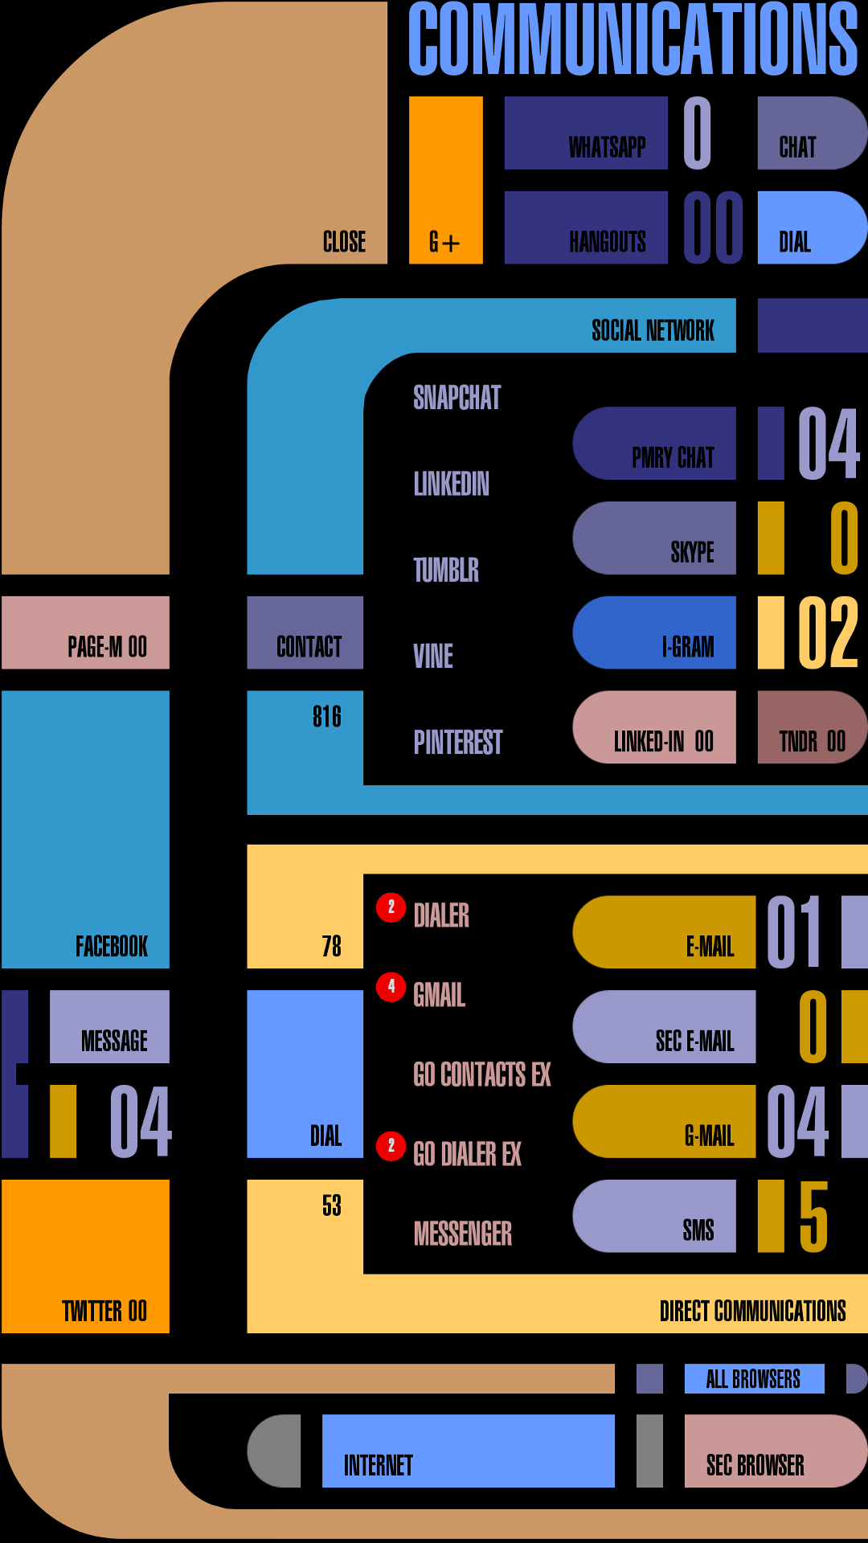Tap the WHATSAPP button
click(586, 133)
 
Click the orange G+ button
click(445, 180)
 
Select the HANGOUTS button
click(586, 227)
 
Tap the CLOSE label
click(344, 241)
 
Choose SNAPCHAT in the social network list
click(457, 398)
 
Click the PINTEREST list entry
click(457, 742)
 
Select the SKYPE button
click(654, 538)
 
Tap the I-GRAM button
click(654, 632)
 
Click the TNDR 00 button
click(811, 727)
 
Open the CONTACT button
click(305, 633)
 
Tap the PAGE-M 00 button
click(86, 633)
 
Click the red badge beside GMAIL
click(391, 986)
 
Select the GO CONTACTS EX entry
click(481, 1074)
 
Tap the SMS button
click(654, 1216)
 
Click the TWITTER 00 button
click(86, 1256)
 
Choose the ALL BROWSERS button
click(754, 1379)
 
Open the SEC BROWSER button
click(774, 1451)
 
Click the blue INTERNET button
click(468, 1451)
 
